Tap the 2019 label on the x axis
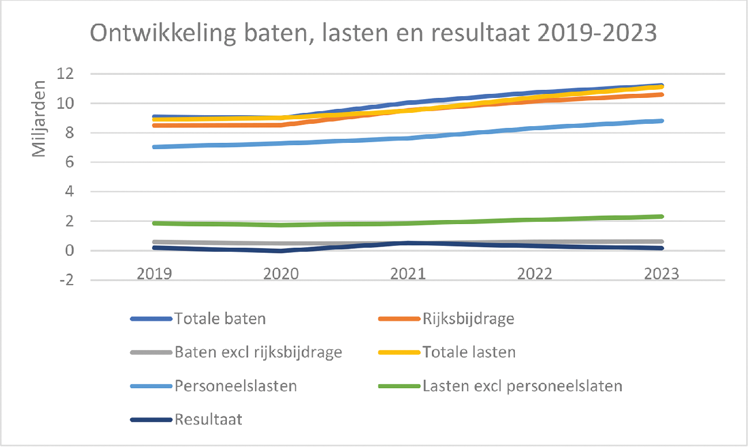tap(154, 274)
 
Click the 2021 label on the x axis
tap(408, 274)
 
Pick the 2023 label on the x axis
tap(661, 274)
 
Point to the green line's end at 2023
tap(662, 217)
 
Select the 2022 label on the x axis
tap(534, 274)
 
